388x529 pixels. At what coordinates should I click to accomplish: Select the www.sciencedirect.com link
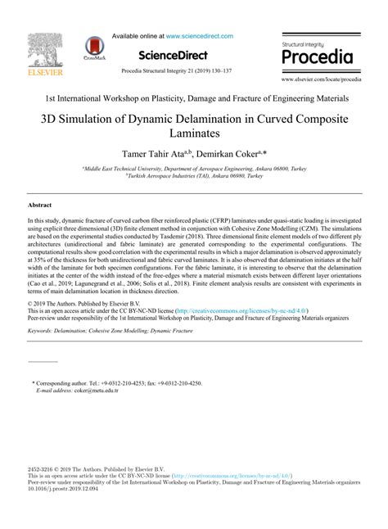click(200, 36)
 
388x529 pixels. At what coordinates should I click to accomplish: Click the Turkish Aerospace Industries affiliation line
click(194, 175)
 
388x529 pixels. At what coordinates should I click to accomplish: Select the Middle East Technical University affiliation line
click(194, 168)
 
